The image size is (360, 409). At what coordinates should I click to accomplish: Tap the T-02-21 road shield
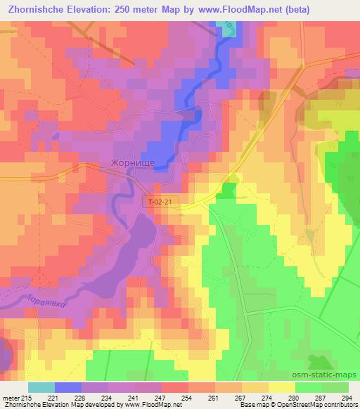pos(160,202)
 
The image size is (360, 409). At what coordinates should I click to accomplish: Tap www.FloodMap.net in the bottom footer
pos(150,404)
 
